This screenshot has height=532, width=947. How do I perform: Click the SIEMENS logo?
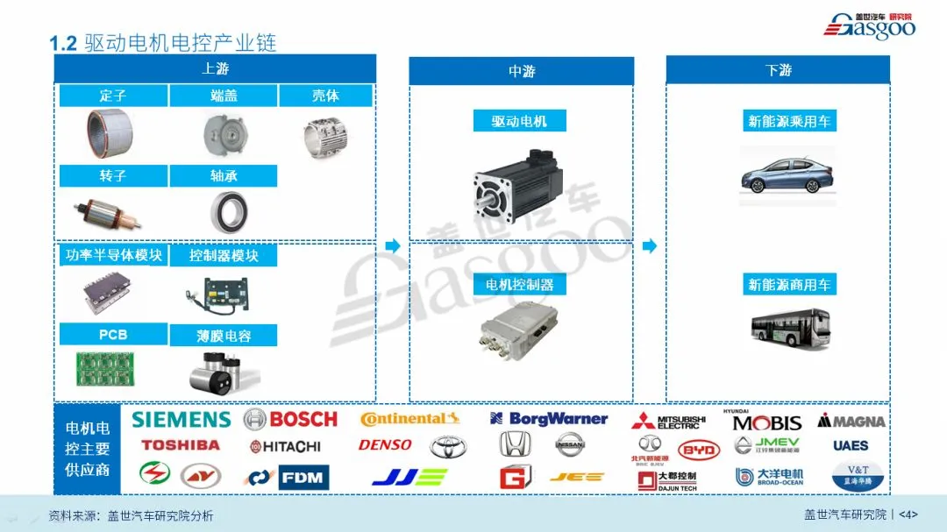pyautogui.click(x=182, y=420)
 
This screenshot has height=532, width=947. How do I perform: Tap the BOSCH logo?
pyautogui.click(x=290, y=420)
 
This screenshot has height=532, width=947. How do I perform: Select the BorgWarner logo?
pyautogui.click(x=549, y=419)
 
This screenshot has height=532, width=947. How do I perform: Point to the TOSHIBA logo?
pyautogui.click(x=181, y=445)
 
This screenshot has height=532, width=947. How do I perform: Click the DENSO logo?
pyautogui.click(x=385, y=445)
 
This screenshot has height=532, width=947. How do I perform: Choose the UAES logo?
pyautogui.click(x=851, y=445)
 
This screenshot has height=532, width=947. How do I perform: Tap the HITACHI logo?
pyautogui.click(x=286, y=446)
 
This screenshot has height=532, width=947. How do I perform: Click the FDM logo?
pyautogui.click(x=303, y=478)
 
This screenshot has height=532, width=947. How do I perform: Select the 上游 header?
pyautogui.click(x=215, y=68)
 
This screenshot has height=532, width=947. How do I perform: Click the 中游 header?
pyautogui.click(x=522, y=71)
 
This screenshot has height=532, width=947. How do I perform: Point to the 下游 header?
pyautogui.click(x=778, y=69)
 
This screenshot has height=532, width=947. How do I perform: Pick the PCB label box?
pyautogui.click(x=113, y=335)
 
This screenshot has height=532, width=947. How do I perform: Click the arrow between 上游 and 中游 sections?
pyautogui.click(x=392, y=246)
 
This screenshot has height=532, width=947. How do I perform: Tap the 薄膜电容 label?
pyautogui.click(x=224, y=336)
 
